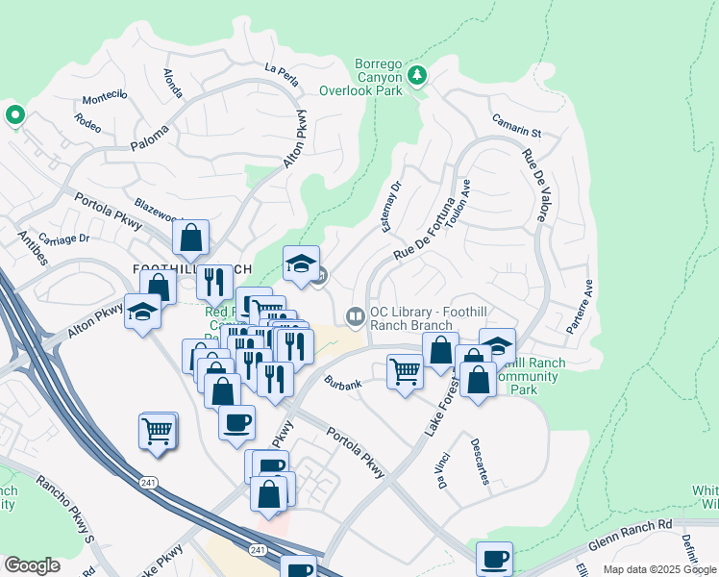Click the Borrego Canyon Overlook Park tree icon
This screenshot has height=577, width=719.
[x=417, y=76]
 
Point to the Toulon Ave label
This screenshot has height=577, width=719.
[x=465, y=200]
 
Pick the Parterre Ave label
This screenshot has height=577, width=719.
[x=579, y=307]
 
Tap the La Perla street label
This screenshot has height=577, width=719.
[x=283, y=69]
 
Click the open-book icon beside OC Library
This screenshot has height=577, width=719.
[x=355, y=315]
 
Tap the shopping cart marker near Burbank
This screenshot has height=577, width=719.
[x=406, y=370]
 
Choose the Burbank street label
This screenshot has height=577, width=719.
[x=343, y=385]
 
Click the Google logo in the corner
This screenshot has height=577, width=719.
[x=32, y=564]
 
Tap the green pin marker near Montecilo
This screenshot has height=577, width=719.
[x=14, y=116]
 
